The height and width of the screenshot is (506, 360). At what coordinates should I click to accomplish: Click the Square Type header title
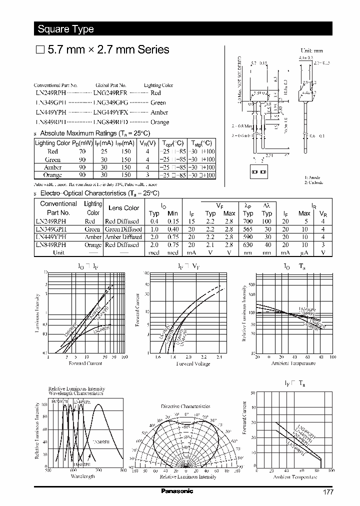66,29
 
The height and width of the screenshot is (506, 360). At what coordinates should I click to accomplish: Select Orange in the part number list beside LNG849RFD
159,122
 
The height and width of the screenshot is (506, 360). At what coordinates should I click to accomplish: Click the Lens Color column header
124,208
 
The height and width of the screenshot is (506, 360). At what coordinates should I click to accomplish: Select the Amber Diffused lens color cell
122,237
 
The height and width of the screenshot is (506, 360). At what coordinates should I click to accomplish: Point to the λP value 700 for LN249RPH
248,221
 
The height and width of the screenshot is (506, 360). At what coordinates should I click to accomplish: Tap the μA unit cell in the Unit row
304,252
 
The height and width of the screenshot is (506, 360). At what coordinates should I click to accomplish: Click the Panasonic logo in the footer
176,491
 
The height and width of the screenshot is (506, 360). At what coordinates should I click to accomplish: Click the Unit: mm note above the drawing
311,50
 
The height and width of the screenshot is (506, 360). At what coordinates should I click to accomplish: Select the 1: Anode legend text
313,177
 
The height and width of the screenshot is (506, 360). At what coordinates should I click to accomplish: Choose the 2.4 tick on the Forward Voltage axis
219,357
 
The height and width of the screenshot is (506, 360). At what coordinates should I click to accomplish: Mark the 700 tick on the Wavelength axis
98,470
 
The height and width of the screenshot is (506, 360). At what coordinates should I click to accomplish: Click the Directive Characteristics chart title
186,406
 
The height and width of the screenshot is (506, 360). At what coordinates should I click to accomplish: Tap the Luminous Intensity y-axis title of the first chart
37,313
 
